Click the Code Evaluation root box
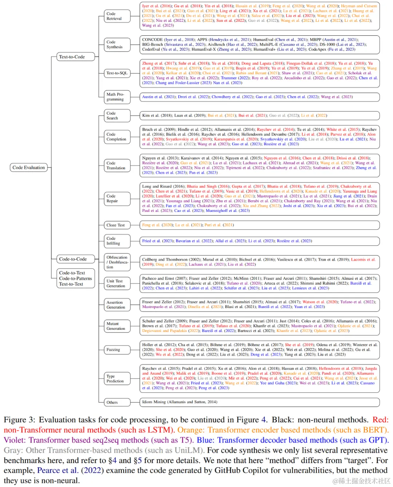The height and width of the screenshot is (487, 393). [x=29, y=167]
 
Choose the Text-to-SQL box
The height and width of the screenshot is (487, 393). [x=117, y=73]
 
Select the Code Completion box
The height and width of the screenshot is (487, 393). [x=116, y=137]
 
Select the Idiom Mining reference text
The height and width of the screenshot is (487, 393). [x=180, y=402]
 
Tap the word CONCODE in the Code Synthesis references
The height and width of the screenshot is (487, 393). [x=152, y=40]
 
